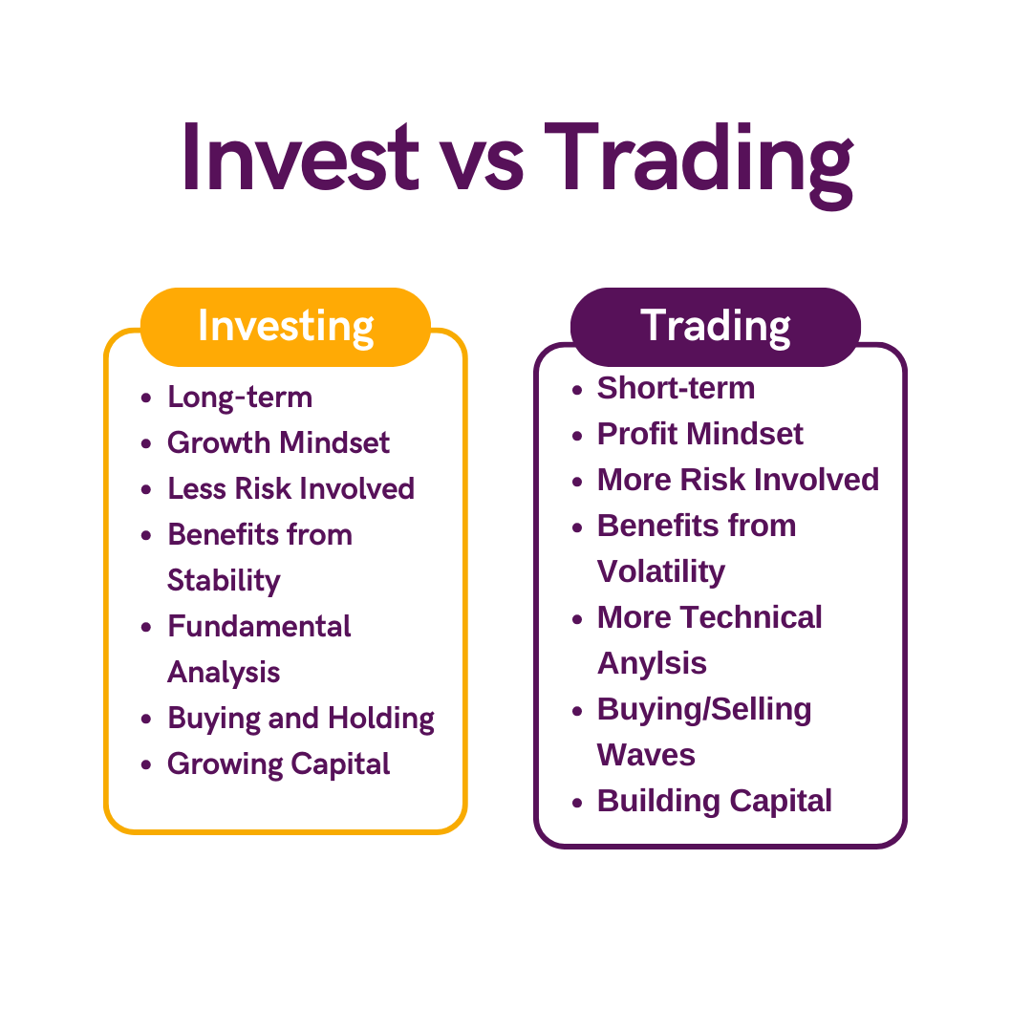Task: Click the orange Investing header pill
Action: pyautogui.click(x=286, y=326)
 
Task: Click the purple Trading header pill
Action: pyautogui.click(x=716, y=326)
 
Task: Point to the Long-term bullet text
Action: pyautogui.click(x=240, y=397)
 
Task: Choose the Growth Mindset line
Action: pyautogui.click(x=278, y=442)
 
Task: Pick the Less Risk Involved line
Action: pyautogui.click(x=290, y=488)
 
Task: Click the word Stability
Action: pyautogui.click(x=224, y=580)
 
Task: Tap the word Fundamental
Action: pyautogui.click(x=259, y=626)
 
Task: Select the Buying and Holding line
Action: pyautogui.click(x=300, y=718)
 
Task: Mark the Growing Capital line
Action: pyautogui.click(x=278, y=763)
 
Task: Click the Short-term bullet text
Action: pyautogui.click(x=676, y=388)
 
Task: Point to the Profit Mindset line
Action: pyautogui.click(x=699, y=434)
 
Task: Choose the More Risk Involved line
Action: pyautogui.click(x=738, y=480)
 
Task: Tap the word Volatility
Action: pyautogui.click(x=660, y=571)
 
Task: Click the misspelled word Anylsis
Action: pyautogui.click(x=652, y=663)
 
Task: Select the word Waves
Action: pyautogui.click(x=646, y=755)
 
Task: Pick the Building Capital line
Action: pyautogui.click(x=714, y=801)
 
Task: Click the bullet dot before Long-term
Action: pyautogui.click(x=146, y=398)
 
